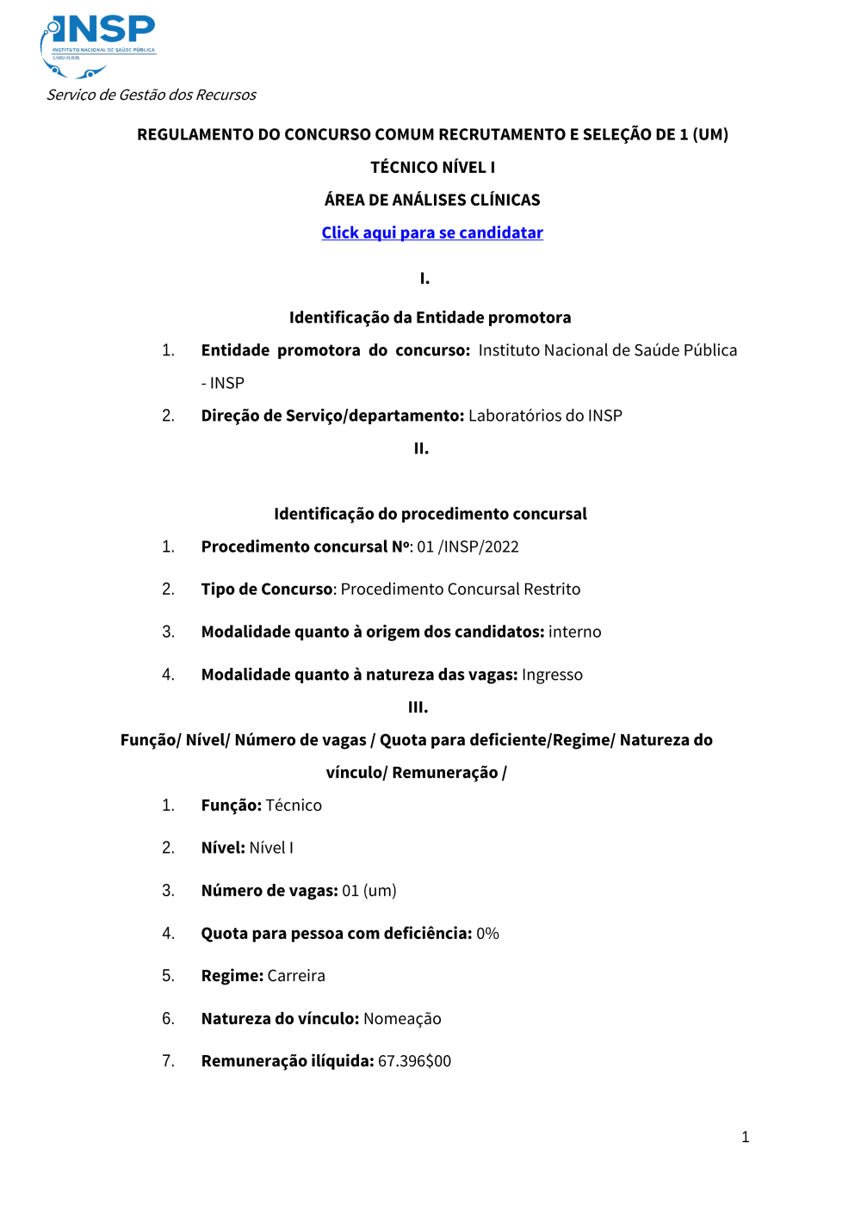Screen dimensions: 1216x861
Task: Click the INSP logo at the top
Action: tap(98, 45)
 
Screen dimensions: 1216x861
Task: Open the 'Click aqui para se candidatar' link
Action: tap(432, 233)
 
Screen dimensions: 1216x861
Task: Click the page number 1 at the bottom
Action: tap(745, 1138)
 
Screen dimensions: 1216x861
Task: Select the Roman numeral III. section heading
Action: tap(418, 707)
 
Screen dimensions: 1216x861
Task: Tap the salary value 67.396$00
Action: tap(414, 1061)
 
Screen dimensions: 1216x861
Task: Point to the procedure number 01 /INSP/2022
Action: tap(468, 547)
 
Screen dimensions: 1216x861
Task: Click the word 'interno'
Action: tap(574, 633)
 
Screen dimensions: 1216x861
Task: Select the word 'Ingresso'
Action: tap(552, 676)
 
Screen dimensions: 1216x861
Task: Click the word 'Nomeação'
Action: tap(402, 1019)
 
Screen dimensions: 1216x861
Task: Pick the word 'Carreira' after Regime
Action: tap(296, 976)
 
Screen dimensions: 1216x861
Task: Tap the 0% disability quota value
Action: tap(487, 934)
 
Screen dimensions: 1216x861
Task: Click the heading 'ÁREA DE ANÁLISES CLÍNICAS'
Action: tap(432, 201)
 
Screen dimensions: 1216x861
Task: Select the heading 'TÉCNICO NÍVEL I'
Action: tap(432, 168)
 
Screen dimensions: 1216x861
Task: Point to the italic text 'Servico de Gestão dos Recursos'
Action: tap(152, 95)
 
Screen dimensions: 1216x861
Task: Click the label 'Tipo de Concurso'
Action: tap(267, 589)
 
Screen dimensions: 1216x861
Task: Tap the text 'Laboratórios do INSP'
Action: tap(545, 416)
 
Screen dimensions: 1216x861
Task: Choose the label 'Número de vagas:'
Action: tap(269, 891)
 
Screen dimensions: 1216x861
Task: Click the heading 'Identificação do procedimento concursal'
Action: tap(430, 515)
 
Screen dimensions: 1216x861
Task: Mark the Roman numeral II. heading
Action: tap(421, 449)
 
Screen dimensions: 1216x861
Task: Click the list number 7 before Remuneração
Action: tap(168, 1061)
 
